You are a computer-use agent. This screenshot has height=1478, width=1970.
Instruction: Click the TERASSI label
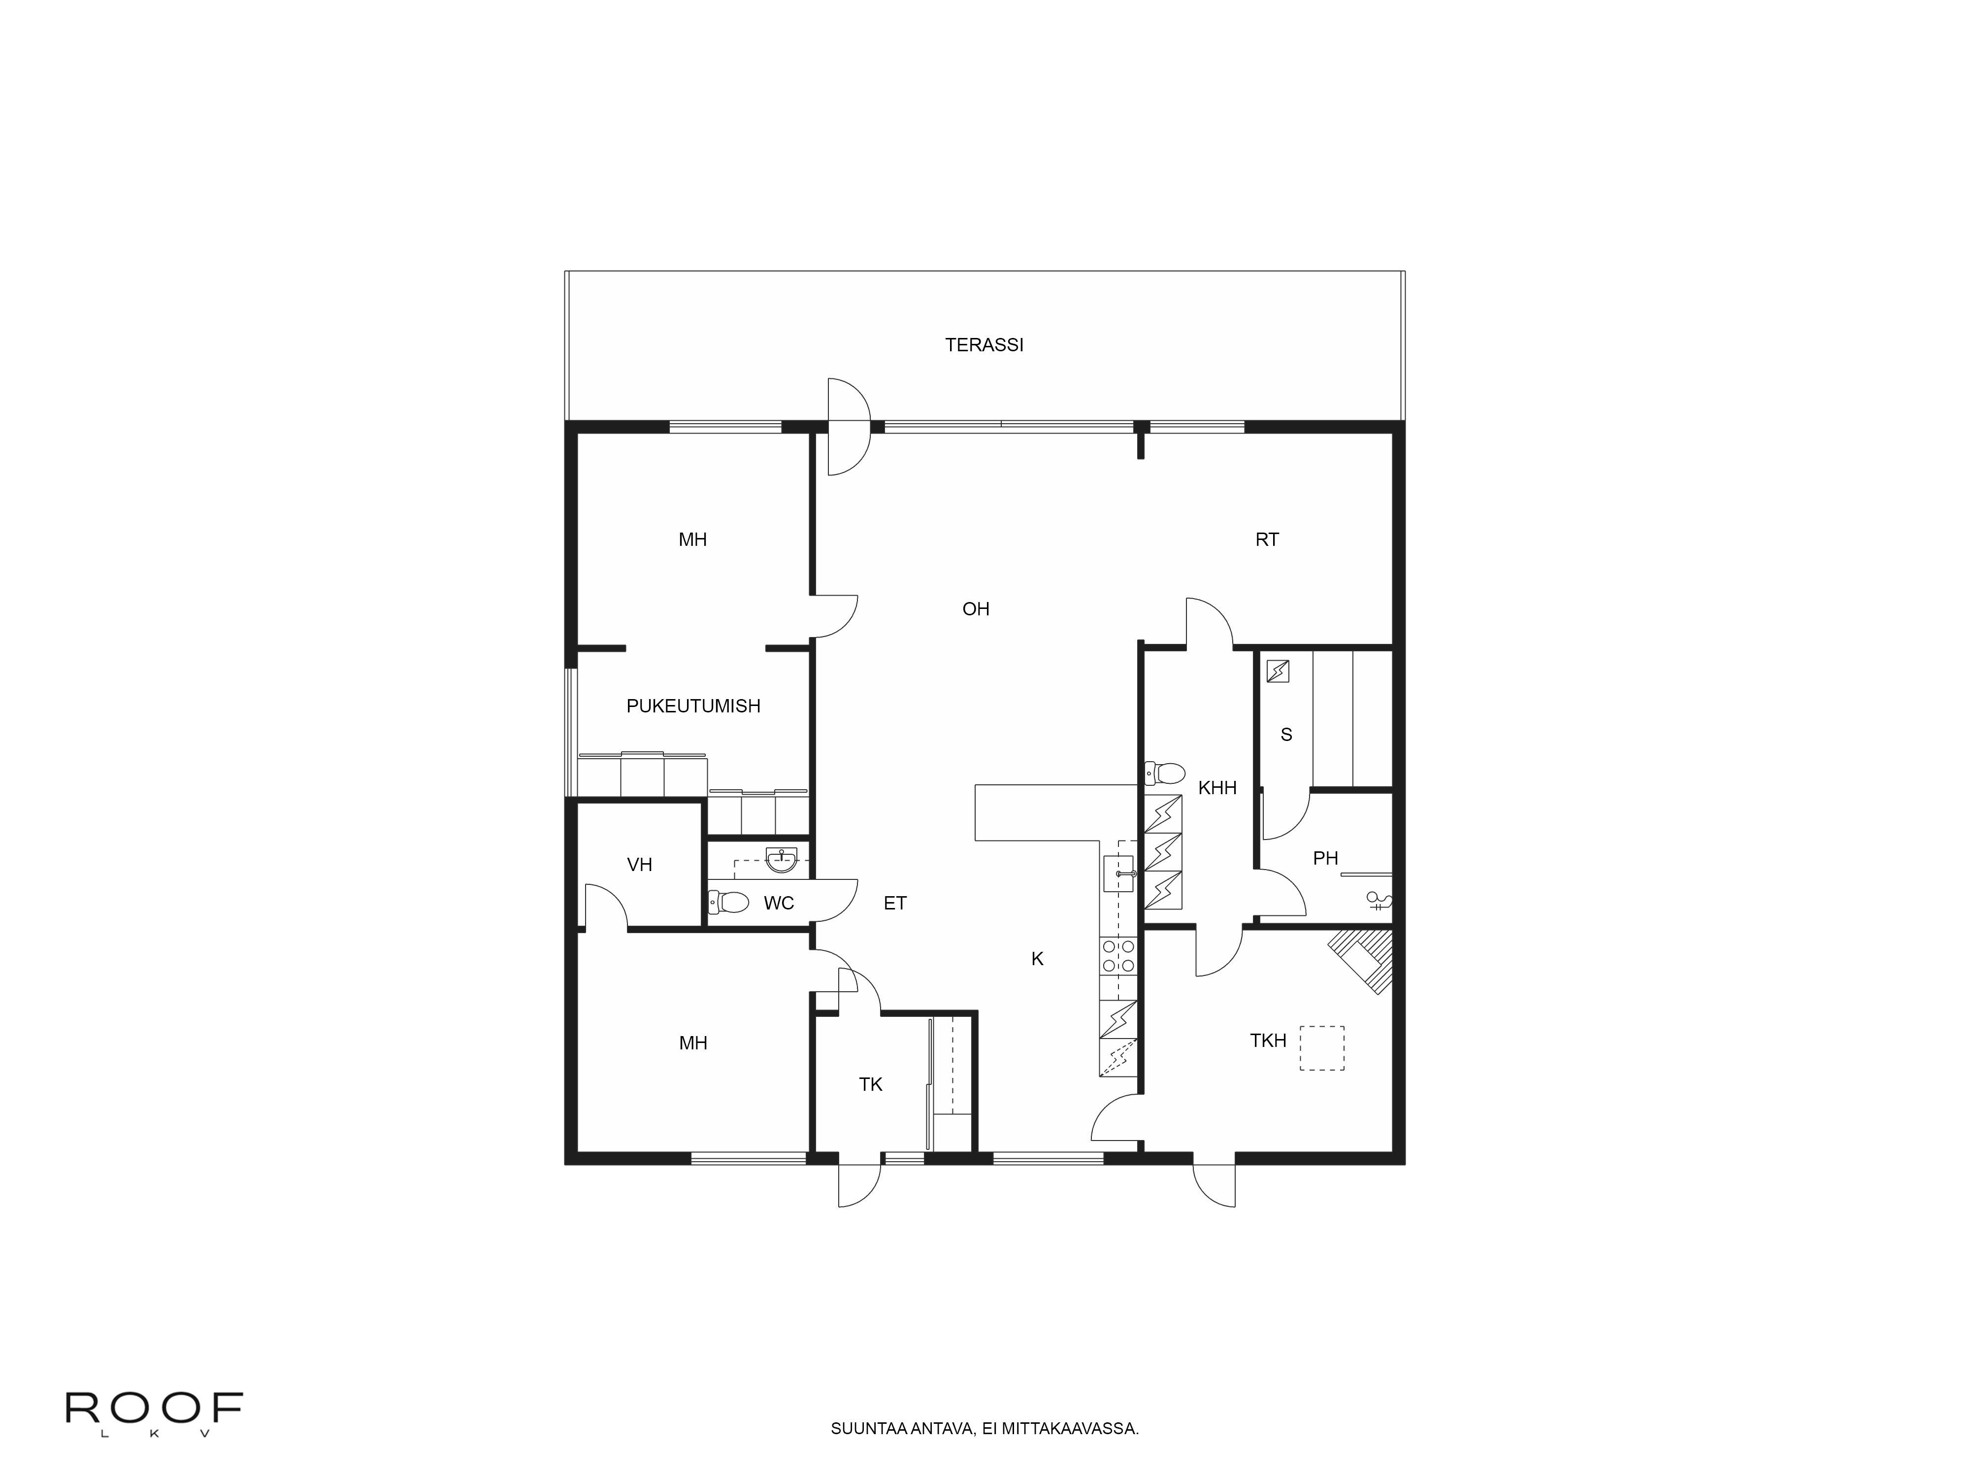point(984,345)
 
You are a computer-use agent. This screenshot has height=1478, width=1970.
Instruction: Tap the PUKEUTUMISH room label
point(693,705)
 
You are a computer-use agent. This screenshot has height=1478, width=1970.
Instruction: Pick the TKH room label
point(1268,1041)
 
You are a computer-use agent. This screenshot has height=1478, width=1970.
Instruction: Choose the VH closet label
point(639,864)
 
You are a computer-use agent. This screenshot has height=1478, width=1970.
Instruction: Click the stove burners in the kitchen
point(1118,956)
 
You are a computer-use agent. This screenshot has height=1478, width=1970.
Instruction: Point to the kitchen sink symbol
point(1118,874)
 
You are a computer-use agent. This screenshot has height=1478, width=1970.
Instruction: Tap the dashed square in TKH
point(1322,1048)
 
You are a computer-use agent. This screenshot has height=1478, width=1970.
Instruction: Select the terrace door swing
point(848,426)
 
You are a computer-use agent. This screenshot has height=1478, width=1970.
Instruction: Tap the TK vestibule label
point(870,1084)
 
